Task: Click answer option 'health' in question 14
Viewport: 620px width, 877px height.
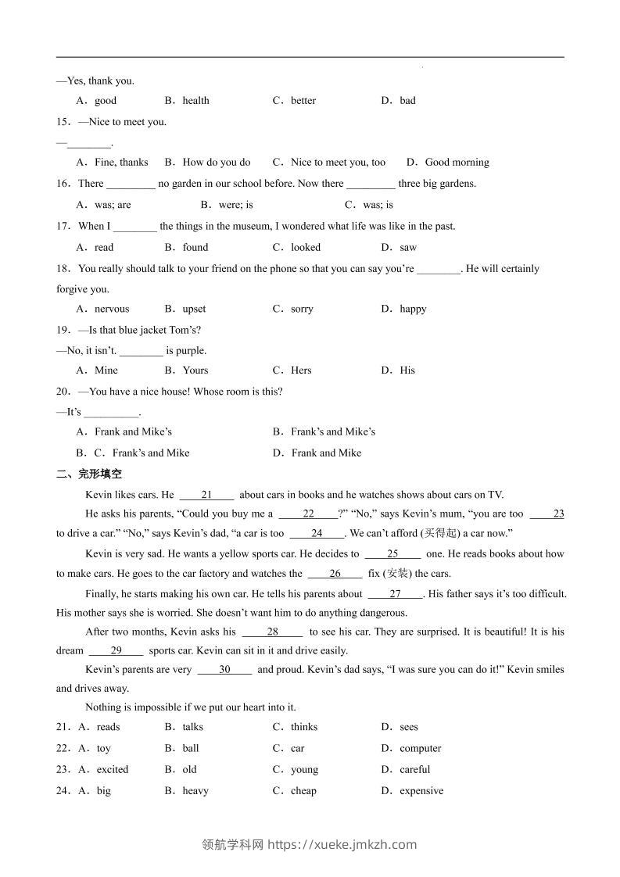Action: (x=195, y=100)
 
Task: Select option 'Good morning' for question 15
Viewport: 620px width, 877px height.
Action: (x=457, y=163)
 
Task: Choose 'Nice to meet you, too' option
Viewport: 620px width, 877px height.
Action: (x=338, y=163)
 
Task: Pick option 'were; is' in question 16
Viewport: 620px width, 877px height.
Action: (x=235, y=205)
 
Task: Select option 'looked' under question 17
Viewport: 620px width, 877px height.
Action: (x=306, y=247)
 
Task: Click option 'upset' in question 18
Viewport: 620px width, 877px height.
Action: (x=194, y=309)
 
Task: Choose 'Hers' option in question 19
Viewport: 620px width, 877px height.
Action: (x=301, y=370)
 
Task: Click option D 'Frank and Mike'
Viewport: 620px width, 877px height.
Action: (x=326, y=453)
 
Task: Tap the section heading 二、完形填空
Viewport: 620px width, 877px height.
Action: (x=89, y=474)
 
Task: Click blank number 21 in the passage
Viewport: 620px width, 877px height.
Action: (x=206, y=495)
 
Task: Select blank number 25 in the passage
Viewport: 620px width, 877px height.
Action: (x=392, y=554)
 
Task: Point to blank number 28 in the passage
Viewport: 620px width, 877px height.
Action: (x=272, y=632)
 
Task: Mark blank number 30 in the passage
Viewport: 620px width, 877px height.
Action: (x=224, y=670)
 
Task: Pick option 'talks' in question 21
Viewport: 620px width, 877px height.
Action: (x=192, y=727)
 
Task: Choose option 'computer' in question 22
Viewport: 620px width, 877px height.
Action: (x=420, y=748)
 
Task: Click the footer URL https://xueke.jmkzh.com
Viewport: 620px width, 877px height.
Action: (x=342, y=844)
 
